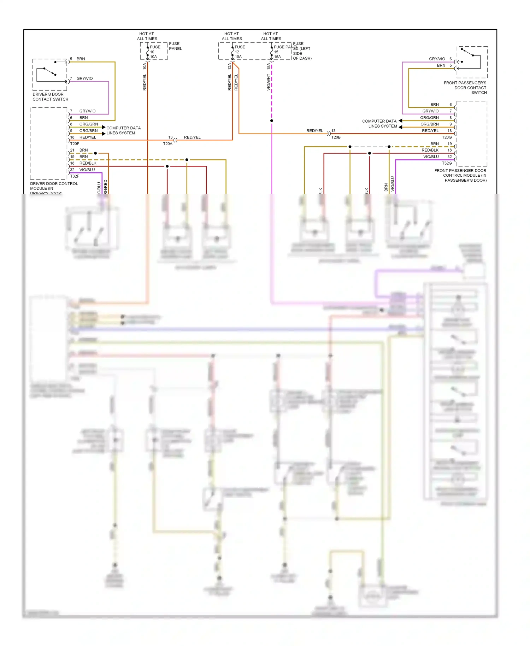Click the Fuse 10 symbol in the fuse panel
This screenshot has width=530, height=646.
click(148, 52)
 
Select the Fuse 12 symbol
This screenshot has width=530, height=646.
click(233, 52)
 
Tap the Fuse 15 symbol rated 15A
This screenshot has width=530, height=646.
click(272, 52)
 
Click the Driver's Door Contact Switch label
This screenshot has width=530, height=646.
click(50, 97)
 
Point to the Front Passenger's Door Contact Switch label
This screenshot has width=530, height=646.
click(465, 88)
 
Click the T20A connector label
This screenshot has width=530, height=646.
click(167, 144)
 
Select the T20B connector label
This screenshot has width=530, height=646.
click(336, 137)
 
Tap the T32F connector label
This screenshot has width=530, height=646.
click(75, 176)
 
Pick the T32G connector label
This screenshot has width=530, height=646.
click(447, 163)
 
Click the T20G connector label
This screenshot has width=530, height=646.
click(447, 137)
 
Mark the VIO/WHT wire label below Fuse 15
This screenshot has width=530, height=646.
click(269, 82)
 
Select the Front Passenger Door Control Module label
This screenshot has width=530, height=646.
click(461, 175)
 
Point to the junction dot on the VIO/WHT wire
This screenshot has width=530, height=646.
click(272, 121)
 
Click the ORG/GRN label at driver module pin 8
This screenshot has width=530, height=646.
click(89, 124)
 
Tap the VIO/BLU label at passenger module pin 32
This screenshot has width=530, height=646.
click(431, 157)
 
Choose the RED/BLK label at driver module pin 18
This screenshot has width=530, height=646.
click(88, 163)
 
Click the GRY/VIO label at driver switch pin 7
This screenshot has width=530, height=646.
click(84, 78)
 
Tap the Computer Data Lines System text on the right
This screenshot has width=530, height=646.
click(379, 124)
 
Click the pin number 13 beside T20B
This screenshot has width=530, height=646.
click(333, 131)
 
